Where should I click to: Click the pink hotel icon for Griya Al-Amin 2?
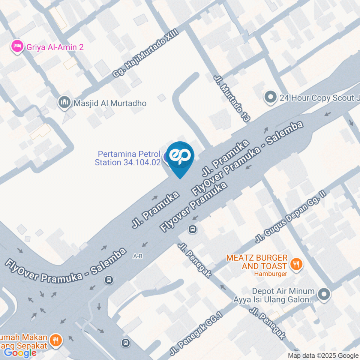16,47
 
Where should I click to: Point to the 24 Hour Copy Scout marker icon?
270,98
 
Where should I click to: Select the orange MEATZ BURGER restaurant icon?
296,264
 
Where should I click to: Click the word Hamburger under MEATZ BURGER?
270,273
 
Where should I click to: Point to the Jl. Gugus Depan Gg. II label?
291,216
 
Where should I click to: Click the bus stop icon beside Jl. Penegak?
192,229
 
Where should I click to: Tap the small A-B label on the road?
138,256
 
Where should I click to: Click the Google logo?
20,352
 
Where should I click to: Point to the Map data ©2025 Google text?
323,355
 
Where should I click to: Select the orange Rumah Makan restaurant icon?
56,340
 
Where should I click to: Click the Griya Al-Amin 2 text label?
55,47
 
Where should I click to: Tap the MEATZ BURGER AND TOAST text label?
257,262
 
